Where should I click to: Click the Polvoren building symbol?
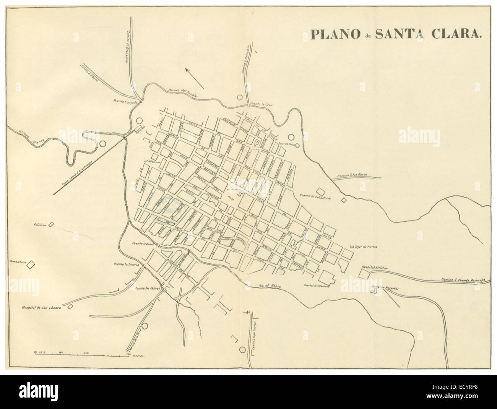52,226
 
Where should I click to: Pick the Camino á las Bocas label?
352,175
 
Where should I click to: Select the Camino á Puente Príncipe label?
462,279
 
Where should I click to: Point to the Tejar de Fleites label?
366,247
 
